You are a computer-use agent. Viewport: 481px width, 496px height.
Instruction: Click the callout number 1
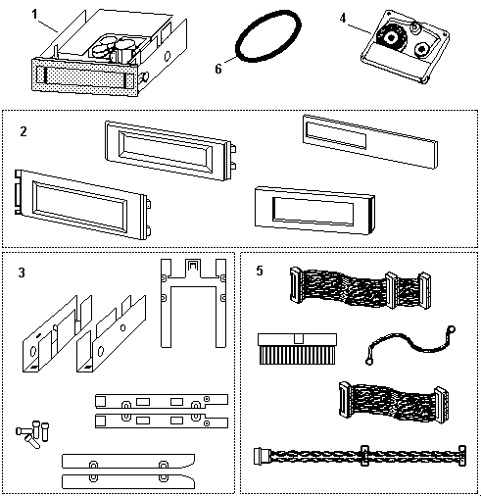pos(35,15)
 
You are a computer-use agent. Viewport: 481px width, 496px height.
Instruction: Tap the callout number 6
pos(218,69)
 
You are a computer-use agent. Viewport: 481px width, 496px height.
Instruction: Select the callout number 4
pos(342,18)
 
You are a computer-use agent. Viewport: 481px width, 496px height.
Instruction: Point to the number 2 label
pos(24,131)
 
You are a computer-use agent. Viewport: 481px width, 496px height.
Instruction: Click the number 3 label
pos(22,273)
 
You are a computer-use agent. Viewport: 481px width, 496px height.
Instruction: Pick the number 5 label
pos(260,271)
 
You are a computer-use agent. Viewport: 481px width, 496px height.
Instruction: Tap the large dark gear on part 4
pos(390,37)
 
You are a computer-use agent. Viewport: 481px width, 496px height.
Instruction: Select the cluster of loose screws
pos(32,433)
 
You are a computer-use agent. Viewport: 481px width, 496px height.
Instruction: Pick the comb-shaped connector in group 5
pos(297,349)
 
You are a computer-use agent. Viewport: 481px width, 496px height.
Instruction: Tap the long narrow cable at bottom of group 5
pos(360,456)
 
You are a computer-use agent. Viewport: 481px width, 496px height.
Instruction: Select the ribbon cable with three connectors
pos(361,288)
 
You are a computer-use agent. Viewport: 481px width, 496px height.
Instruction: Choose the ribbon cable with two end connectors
pos(394,402)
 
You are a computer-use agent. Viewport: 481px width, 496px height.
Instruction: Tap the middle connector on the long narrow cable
pos(364,455)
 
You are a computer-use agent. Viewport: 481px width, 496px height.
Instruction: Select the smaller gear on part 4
pos(422,50)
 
